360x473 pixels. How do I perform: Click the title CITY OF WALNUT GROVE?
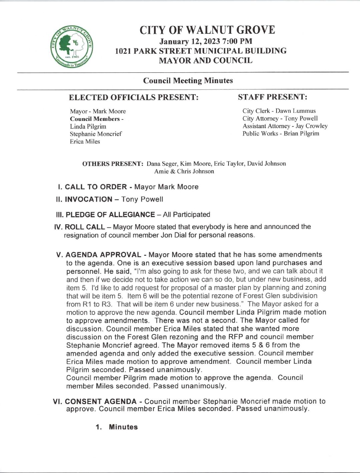(x=207, y=30)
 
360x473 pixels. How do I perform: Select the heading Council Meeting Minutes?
(x=188, y=80)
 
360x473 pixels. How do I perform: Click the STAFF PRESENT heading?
(x=272, y=97)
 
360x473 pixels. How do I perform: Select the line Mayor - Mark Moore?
(x=98, y=111)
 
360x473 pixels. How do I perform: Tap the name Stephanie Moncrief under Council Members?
(x=96, y=134)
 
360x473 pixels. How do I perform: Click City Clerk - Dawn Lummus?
(x=279, y=111)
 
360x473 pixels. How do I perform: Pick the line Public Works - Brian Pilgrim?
(x=281, y=134)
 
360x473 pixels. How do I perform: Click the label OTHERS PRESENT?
(x=113, y=164)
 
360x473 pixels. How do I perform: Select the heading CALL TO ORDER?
(x=96, y=187)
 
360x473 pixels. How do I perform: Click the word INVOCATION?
(x=88, y=199)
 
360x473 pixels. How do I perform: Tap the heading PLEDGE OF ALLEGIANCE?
(x=110, y=215)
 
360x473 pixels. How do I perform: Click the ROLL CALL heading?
(x=84, y=227)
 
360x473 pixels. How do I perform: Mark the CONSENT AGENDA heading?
(x=101, y=401)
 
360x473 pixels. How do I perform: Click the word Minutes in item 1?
(x=123, y=427)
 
